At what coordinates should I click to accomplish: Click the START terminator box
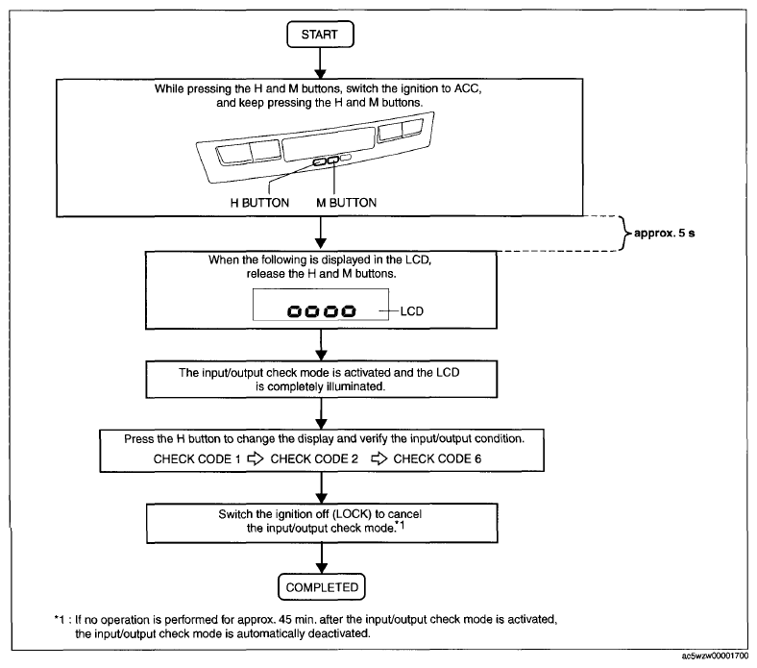click(x=320, y=35)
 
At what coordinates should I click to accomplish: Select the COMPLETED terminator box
click(x=322, y=587)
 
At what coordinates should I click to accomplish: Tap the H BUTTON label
click(x=259, y=203)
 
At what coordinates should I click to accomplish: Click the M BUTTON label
click(x=346, y=203)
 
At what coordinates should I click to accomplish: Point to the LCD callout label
click(x=412, y=311)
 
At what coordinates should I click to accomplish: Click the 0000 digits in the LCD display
click(x=322, y=311)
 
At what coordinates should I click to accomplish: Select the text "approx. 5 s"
click(x=665, y=234)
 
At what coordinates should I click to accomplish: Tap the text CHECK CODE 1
click(x=197, y=458)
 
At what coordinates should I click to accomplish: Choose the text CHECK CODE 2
click(x=314, y=458)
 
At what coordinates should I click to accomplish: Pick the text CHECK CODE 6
click(x=437, y=458)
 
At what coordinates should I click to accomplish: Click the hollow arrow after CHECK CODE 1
click(x=256, y=458)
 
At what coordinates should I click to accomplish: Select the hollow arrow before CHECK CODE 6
click(x=379, y=458)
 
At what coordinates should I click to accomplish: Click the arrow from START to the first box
click(x=320, y=63)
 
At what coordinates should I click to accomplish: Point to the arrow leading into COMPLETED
click(x=322, y=557)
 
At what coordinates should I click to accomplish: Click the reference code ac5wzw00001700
click(x=716, y=656)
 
